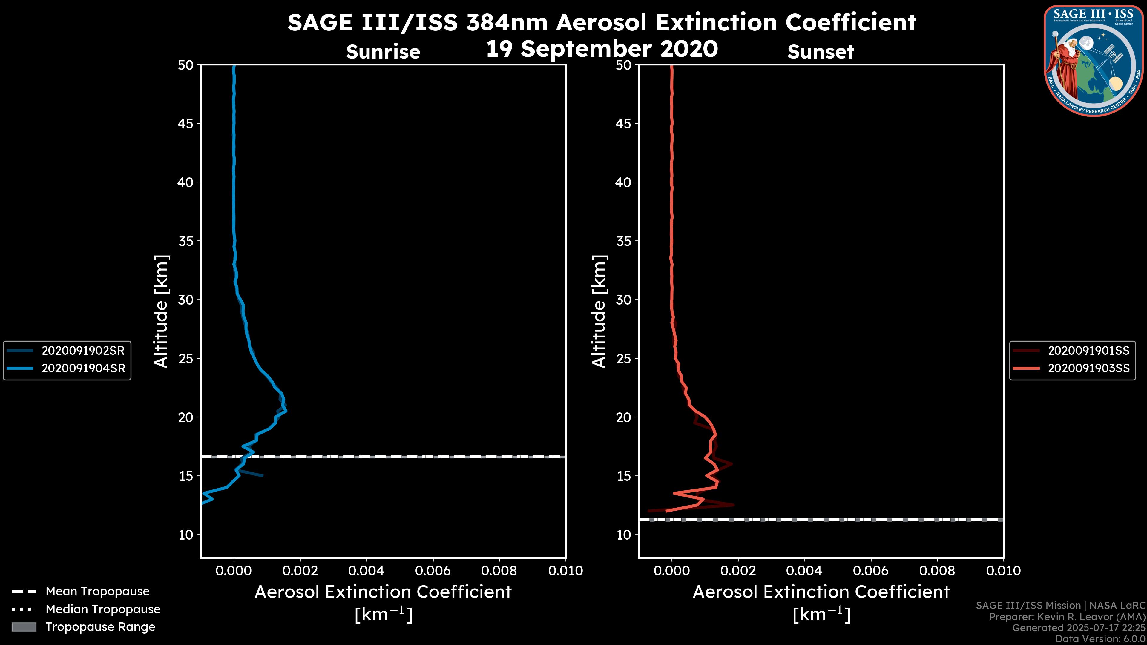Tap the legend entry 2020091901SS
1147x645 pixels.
(1088, 351)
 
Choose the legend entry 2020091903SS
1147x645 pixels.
(1088, 368)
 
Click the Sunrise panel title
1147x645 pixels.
(383, 52)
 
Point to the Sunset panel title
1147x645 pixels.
(821, 52)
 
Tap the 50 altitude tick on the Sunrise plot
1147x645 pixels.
(186, 65)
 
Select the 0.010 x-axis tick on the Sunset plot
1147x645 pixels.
(1003, 571)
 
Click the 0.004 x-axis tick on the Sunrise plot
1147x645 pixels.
(366, 571)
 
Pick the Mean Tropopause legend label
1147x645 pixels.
(97, 592)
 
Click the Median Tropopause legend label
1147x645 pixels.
(103, 609)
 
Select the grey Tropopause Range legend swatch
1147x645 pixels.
(24, 627)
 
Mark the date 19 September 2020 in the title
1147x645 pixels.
(602, 49)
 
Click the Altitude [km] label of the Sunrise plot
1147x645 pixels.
(161, 311)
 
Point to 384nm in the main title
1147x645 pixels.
(507, 22)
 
